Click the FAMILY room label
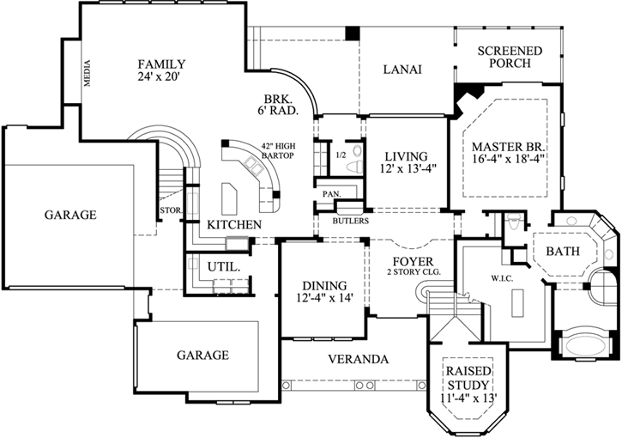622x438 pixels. click(161, 64)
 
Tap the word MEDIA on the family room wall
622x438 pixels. click(88, 75)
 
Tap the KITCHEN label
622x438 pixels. click(234, 224)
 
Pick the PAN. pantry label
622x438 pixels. click(332, 194)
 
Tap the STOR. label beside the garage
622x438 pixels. click(168, 209)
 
